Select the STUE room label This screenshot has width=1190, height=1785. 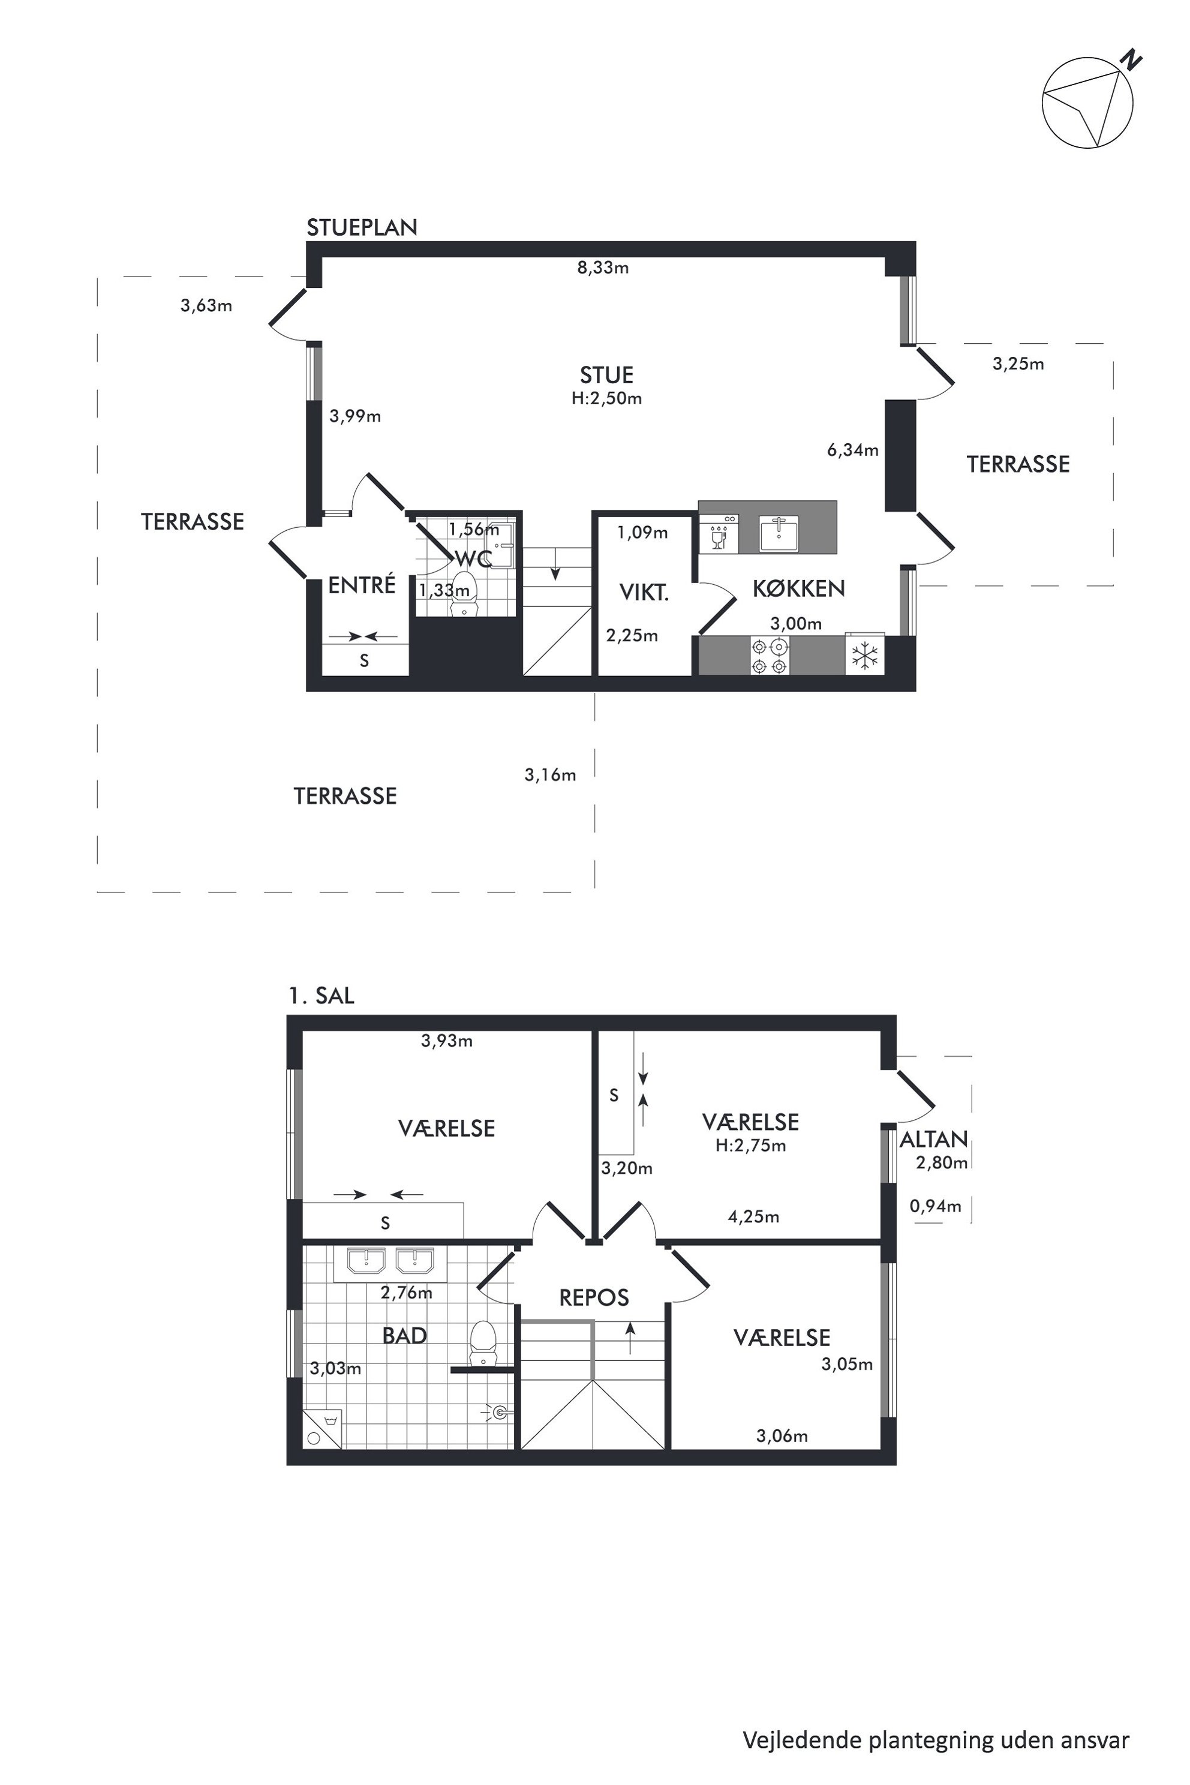(606, 375)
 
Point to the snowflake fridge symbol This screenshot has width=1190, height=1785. (864, 655)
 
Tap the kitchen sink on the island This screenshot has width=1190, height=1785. (779, 533)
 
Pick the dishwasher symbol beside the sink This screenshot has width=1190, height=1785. (719, 533)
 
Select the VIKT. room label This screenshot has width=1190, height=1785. (644, 592)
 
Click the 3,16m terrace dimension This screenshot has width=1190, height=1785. (550, 775)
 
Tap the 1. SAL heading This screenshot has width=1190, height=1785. (321, 995)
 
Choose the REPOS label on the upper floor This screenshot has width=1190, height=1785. (594, 1297)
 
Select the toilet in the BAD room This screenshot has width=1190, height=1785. (483, 1344)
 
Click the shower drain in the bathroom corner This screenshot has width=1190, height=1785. (314, 1437)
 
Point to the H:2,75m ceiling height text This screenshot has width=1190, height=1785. (750, 1145)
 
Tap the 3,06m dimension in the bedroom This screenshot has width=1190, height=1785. (782, 1436)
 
